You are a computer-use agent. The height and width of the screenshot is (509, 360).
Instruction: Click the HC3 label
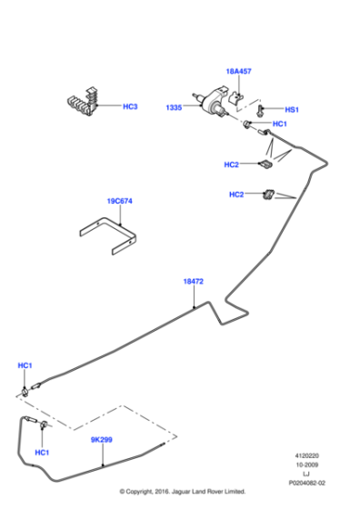pos(130,106)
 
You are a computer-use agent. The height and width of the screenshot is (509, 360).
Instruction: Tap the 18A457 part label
pos(238,70)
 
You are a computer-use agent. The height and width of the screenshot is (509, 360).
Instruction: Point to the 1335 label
pos(174,107)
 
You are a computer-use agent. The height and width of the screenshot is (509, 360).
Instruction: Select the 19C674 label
pos(119,201)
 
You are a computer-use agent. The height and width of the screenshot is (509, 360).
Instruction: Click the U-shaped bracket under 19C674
pos(113,237)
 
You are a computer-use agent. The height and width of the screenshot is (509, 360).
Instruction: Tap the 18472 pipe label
pos(193,282)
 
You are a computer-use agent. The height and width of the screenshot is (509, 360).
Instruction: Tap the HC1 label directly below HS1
pos(280,124)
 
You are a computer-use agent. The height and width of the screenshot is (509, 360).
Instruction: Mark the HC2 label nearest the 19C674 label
pos(235,194)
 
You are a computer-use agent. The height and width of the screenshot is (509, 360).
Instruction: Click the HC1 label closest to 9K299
pos(42,453)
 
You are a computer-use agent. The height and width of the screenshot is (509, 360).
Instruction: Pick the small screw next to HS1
pos(259,108)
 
